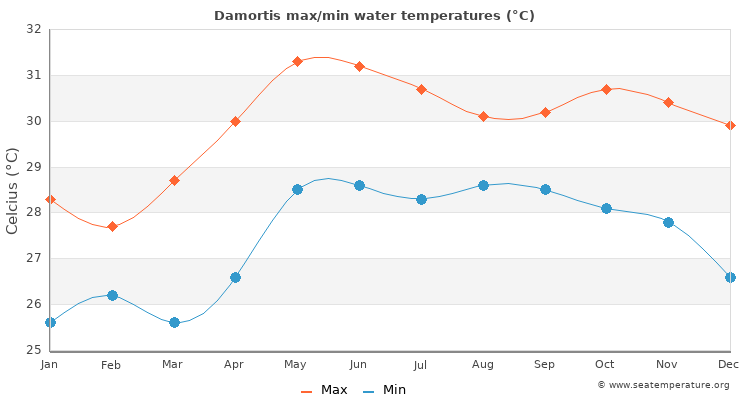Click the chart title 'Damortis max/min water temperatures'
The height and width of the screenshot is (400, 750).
(374, 15)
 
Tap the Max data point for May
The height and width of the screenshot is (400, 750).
(297, 62)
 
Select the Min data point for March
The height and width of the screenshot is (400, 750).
(174, 322)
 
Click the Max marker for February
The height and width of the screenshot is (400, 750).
(112, 227)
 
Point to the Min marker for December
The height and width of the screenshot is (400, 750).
(730, 277)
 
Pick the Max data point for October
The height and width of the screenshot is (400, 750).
(606, 89)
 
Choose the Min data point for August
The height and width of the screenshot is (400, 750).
(483, 185)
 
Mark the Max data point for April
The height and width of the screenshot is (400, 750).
(235, 121)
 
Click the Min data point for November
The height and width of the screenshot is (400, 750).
(668, 222)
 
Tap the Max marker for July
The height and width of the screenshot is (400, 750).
(421, 89)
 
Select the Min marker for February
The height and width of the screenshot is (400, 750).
(112, 295)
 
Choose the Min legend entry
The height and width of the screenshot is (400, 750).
(385, 390)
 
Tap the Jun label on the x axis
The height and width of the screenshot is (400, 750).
(358, 365)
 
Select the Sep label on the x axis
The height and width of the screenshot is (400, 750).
(544, 365)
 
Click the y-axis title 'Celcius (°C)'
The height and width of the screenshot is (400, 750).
(13, 190)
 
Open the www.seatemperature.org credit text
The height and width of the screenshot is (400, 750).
(663, 385)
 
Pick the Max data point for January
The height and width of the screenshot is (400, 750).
(50, 199)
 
